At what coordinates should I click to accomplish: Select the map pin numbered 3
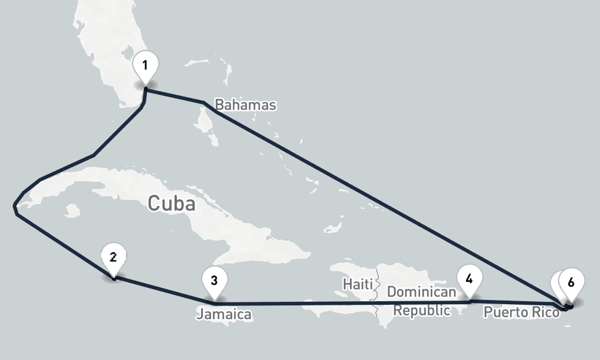click(x=214, y=280)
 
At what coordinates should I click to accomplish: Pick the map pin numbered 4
click(x=469, y=280)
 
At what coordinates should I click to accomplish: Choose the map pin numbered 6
click(x=571, y=283)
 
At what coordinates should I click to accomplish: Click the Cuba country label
click(x=172, y=204)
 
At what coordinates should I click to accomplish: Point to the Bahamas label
click(x=245, y=105)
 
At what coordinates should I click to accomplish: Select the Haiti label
click(x=358, y=282)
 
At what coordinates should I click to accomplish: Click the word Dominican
click(x=422, y=292)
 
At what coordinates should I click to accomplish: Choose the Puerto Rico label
click(x=521, y=312)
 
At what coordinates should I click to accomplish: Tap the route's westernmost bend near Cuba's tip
click(x=14, y=207)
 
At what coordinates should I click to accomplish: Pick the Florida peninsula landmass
click(x=114, y=60)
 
